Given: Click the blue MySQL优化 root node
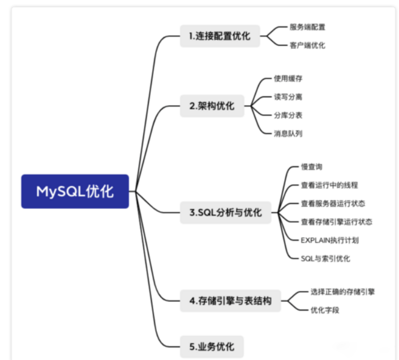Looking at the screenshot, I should click(75, 191).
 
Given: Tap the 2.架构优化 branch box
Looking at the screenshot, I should click(212, 106).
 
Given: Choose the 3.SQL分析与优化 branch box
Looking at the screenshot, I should click(225, 213).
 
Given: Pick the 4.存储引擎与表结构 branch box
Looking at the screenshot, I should click(230, 301).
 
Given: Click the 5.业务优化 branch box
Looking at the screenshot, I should click(212, 346).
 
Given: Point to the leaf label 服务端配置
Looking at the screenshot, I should click(307, 27).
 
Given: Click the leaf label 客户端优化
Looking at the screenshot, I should click(307, 45).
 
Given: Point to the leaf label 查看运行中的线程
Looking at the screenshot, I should click(329, 185).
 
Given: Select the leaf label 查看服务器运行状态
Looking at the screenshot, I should click(333, 203).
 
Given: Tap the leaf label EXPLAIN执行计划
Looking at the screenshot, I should click(330, 240).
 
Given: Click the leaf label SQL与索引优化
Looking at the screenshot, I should click(325, 258).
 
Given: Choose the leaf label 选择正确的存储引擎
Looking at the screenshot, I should click(343, 292).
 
